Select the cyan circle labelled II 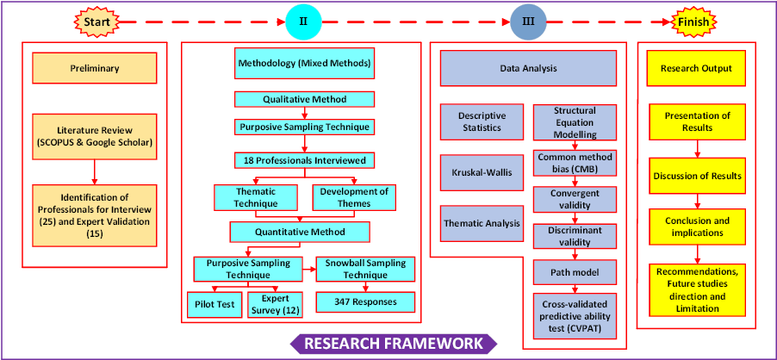(x=303, y=21)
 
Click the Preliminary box (x=95, y=68)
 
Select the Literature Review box (x=95, y=135)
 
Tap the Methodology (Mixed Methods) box (x=303, y=63)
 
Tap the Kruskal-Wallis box (x=481, y=172)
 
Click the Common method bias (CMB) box (x=575, y=163)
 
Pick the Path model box (x=575, y=272)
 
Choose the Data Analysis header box (x=528, y=68)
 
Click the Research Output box (x=696, y=68)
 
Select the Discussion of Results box (x=697, y=176)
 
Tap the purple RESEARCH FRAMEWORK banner (x=393, y=344)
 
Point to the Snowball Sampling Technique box (x=366, y=270)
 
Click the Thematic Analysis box (x=481, y=223)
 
